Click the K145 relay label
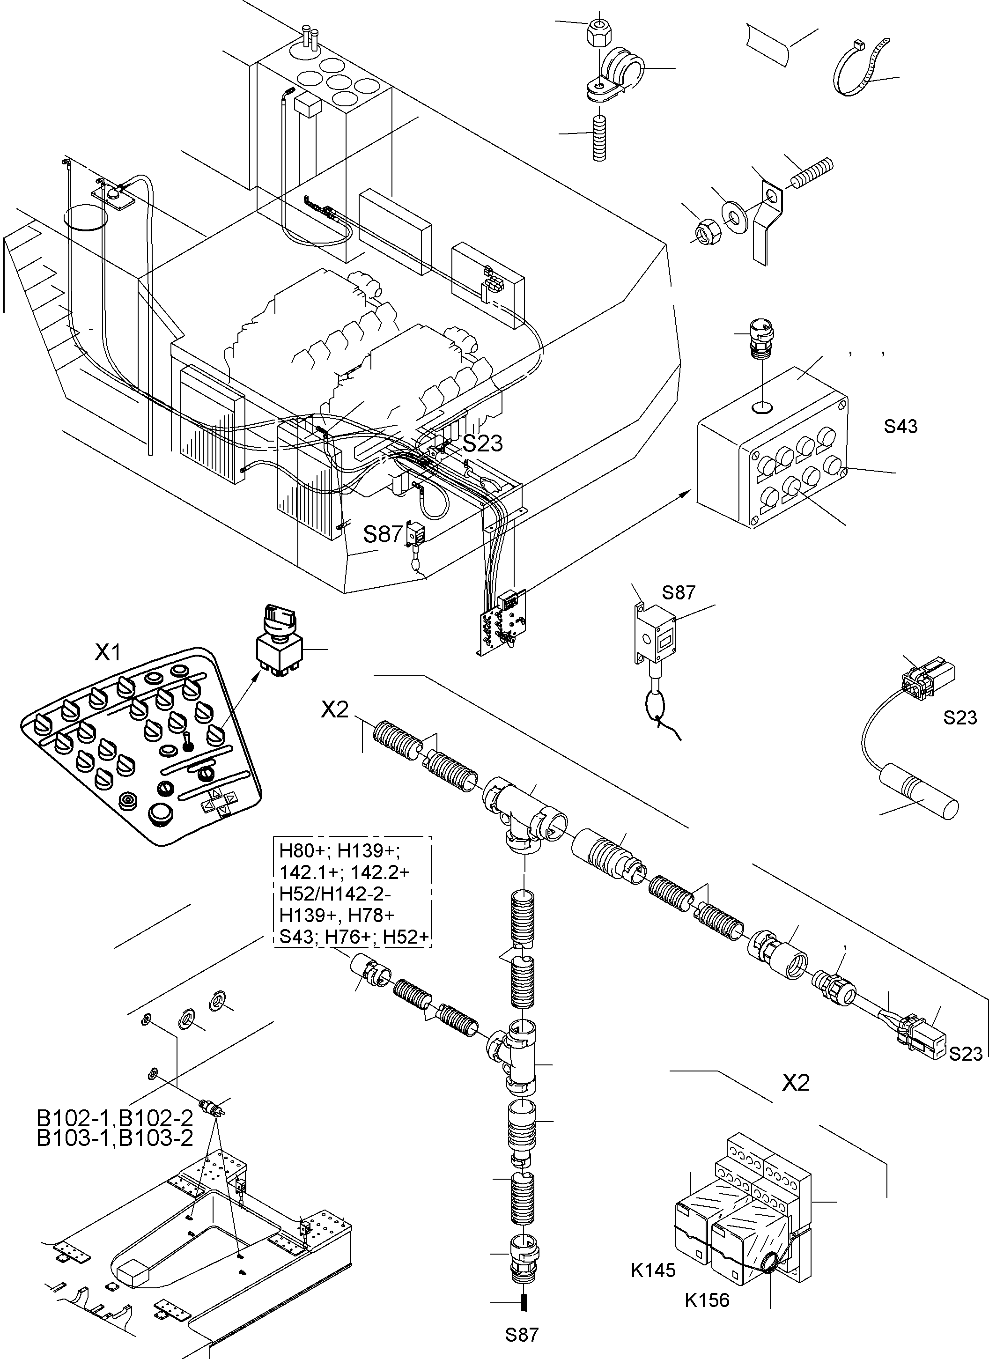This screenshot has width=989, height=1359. tap(652, 1270)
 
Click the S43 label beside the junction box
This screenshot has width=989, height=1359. tap(900, 427)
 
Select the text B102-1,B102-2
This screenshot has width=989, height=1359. tap(115, 1118)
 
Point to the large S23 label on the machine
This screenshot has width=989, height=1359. tap(482, 443)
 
